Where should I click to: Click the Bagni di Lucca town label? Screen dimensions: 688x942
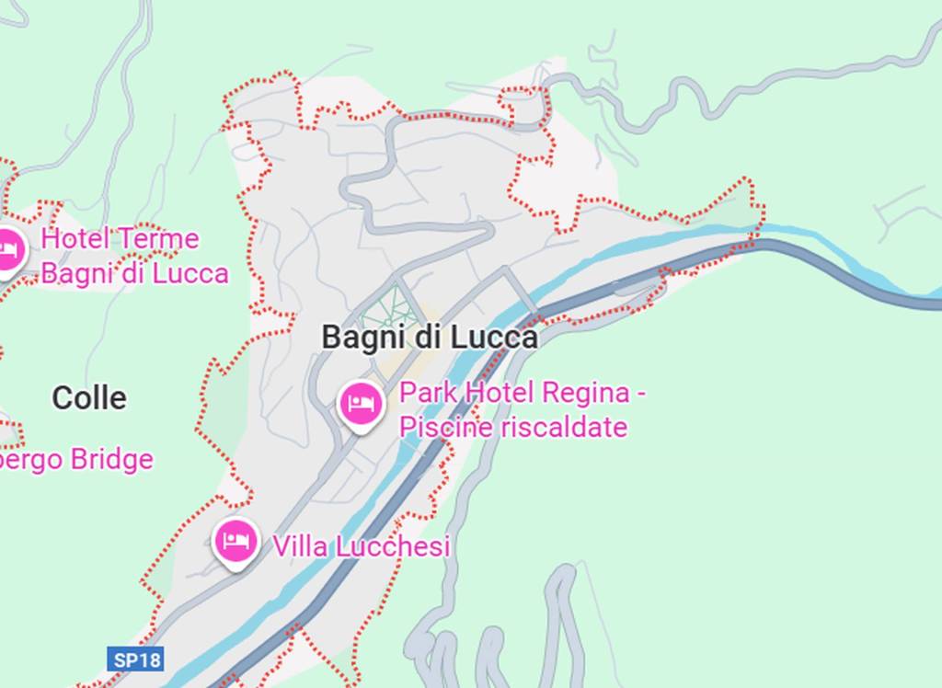(429, 338)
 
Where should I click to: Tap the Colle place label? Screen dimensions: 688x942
(89, 398)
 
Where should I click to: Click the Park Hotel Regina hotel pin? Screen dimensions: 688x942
(360, 403)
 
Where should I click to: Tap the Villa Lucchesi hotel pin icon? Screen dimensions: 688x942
(235, 541)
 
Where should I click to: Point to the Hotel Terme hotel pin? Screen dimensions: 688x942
(9, 249)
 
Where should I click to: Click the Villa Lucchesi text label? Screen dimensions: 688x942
(361, 546)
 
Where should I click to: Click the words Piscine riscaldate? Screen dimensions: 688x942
(513, 427)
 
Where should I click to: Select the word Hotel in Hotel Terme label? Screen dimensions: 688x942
(75, 239)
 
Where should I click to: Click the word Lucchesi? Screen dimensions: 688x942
(392, 546)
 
